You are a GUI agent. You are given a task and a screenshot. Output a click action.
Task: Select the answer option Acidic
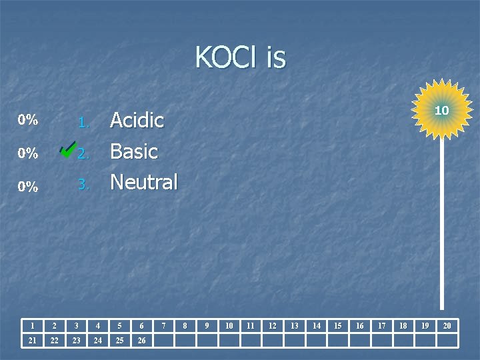[x=137, y=121]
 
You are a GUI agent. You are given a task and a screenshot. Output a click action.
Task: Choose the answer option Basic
[x=134, y=151]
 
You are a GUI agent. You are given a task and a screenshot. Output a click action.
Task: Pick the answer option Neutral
[x=144, y=181]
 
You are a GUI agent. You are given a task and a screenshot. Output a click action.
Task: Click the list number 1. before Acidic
[x=83, y=123]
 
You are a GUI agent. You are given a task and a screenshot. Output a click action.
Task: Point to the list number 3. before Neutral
[x=83, y=185]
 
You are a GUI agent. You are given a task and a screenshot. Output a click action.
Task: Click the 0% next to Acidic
[x=28, y=121]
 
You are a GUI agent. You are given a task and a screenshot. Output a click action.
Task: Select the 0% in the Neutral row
[x=28, y=187]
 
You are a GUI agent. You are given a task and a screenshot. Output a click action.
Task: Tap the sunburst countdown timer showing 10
[x=441, y=109]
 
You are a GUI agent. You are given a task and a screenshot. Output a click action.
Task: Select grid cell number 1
[x=33, y=325]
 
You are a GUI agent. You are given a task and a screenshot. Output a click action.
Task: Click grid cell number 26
[x=141, y=341]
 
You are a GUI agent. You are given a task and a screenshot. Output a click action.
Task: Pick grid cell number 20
[x=447, y=325]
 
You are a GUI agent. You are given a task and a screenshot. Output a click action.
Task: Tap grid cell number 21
[x=33, y=341]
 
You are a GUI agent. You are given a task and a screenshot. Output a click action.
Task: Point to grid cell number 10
[x=229, y=325]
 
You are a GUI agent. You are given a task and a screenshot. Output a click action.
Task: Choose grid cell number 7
[x=163, y=325]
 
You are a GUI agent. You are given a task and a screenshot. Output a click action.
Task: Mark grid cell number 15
[x=338, y=325]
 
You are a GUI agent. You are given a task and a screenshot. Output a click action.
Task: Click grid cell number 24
[x=98, y=341]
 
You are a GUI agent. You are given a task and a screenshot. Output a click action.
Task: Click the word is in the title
[x=276, y=58]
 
